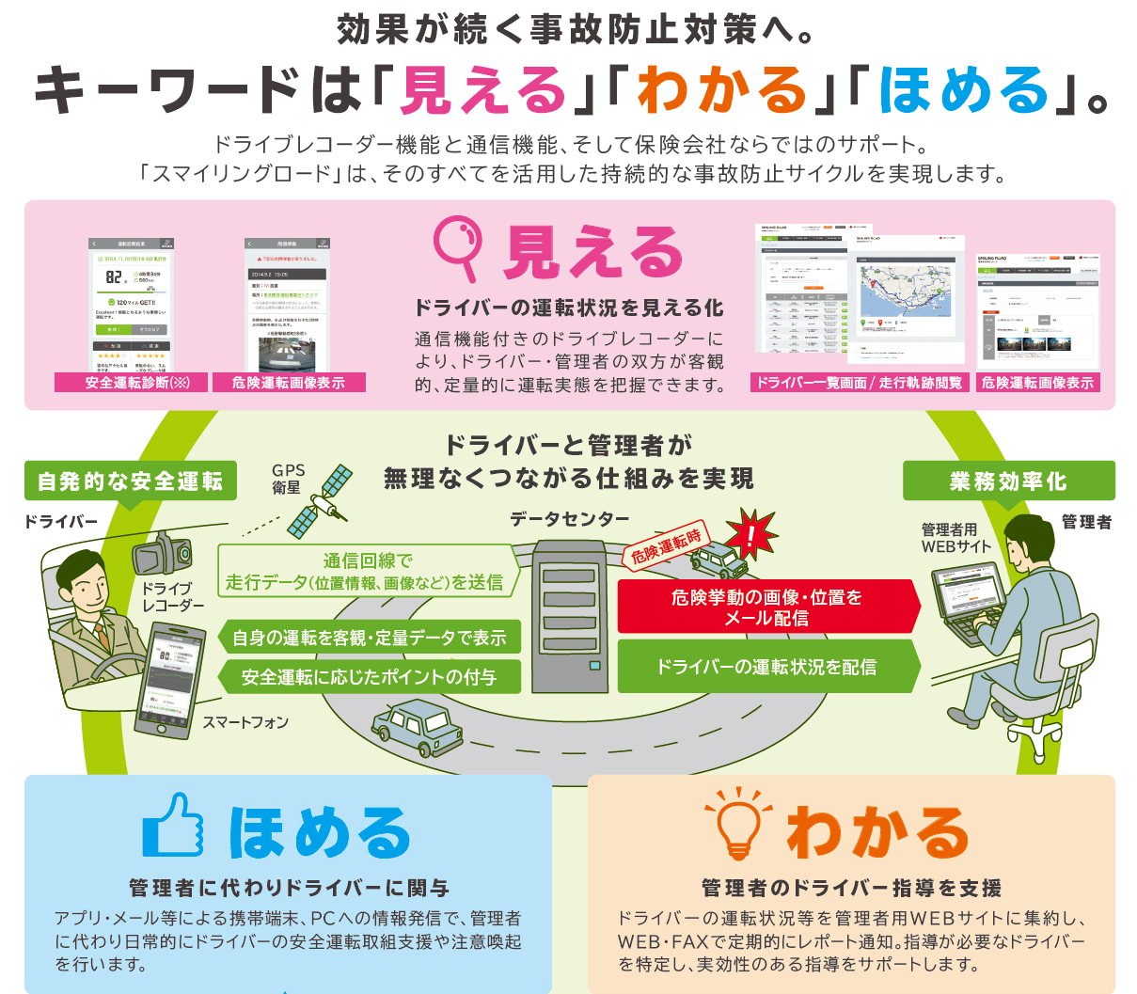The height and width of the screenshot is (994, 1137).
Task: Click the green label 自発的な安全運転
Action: click(130, 481)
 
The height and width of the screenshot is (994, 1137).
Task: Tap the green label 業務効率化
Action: click(1008, 481)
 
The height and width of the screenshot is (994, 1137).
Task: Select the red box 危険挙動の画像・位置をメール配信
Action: click(766, 607)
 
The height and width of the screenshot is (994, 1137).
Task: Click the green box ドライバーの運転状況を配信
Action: click(766, 667)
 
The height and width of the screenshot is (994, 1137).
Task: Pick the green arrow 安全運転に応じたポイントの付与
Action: click(369, 677)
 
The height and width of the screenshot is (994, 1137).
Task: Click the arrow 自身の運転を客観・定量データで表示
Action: click(369, 638)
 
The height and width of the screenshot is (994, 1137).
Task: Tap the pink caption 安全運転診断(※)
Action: click(137, 383)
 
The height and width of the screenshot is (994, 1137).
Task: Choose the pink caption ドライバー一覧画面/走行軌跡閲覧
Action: click(859, 383)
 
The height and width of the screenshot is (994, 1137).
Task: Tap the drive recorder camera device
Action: click(166, 554)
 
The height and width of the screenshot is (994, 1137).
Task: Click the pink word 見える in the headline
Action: click(482, 89)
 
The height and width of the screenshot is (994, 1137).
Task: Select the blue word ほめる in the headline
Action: click(964, 89)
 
